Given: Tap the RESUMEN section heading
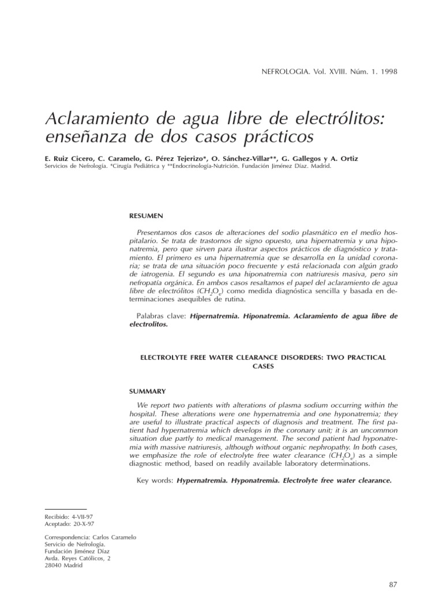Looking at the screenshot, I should pos(147,216).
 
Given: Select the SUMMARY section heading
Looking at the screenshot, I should pos(148,391).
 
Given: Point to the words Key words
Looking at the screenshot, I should pos(155,480).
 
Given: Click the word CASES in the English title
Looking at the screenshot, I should pos(263,366).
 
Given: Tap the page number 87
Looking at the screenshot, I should pos(393,584).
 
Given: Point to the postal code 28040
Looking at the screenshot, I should pos(54,565).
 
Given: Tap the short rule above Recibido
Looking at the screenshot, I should pos(65,509).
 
